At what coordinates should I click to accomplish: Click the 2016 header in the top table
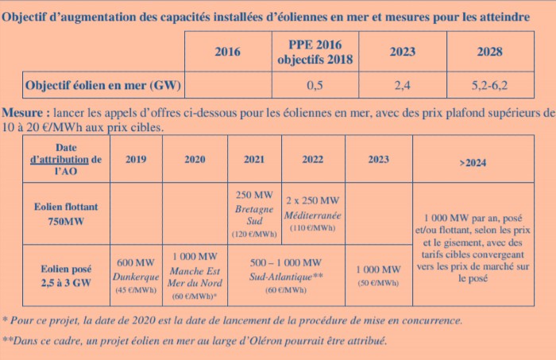point(227,52)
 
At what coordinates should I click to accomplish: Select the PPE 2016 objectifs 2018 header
point(315,52)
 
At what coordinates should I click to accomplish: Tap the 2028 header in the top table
point(489,52)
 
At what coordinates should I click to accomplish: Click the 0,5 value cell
point(315,83)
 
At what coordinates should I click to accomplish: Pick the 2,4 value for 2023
point(403,83)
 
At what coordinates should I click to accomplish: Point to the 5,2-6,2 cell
point(489,83)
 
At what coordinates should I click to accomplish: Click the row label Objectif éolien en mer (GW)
point(103,83)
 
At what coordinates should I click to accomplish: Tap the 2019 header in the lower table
point(136,159)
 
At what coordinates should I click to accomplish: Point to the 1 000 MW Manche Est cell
point(195,274)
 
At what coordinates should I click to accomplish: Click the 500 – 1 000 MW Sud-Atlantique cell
point(285,274)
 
